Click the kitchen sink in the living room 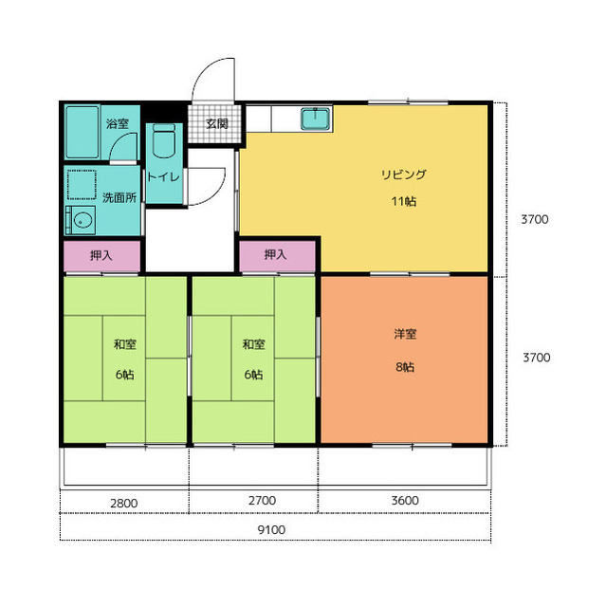point(316,119)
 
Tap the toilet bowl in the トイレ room point(164,141)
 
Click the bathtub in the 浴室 point(83,133)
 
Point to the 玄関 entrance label point(217,123)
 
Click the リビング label point(403,175)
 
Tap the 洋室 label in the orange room point(405,334)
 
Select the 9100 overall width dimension point(271,529)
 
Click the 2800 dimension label point(124,504)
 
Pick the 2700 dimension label point(262,501)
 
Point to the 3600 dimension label point(405,501)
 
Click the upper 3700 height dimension point(535,219)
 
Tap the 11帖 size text point(404,202)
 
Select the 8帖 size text point(405,367)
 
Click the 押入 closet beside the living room point(277,256)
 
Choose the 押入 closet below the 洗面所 point(101,256)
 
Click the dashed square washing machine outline point(82,185)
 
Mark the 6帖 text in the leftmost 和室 point(124,375)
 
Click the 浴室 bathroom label point(118,124)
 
